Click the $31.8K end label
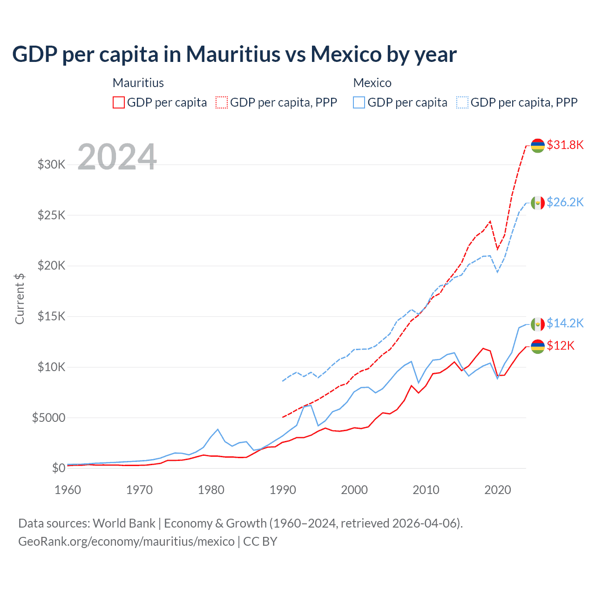point(565,145)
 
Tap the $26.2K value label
point(565,202)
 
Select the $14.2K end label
point(565,323)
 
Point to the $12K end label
point(561,345)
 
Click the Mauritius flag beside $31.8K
point(538,145)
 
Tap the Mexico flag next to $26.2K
point(538,203)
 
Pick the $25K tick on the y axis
point(52,215)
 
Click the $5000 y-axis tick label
point(48,418)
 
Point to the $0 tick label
point(58,468)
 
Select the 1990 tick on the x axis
point(283,490)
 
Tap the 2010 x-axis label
point(426,490)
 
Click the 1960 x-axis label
point(68,490)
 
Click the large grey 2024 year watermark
point(117,157)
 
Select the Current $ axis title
point(20,298)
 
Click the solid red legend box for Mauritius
point(119,102)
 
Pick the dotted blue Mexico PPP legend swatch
point(462,102)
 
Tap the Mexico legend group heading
point(372,83)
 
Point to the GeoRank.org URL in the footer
point(126,542)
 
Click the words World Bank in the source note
point(124,523)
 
